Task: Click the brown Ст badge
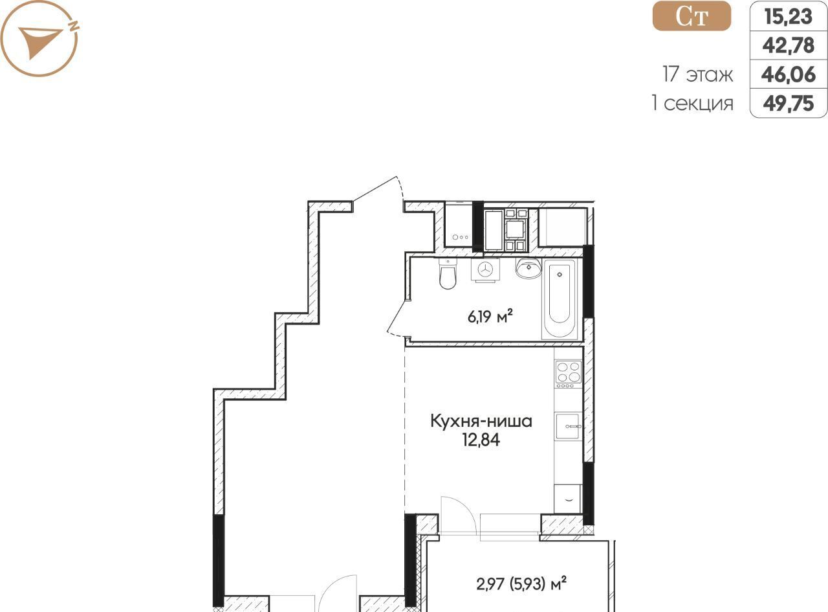coord(692,16)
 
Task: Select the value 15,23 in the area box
coord(789,17)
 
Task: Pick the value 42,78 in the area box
coord(789,45)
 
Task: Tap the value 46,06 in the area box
coord(789,74)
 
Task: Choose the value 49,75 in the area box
coord(789,104)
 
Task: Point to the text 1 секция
coord(693,104)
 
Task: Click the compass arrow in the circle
coord(40,42)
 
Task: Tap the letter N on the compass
coord(74,26)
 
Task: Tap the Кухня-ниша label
coord(481,422)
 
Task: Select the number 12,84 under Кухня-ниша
coord(481,440)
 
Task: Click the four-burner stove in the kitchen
coord(569,374)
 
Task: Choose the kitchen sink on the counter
coord(568,426)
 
